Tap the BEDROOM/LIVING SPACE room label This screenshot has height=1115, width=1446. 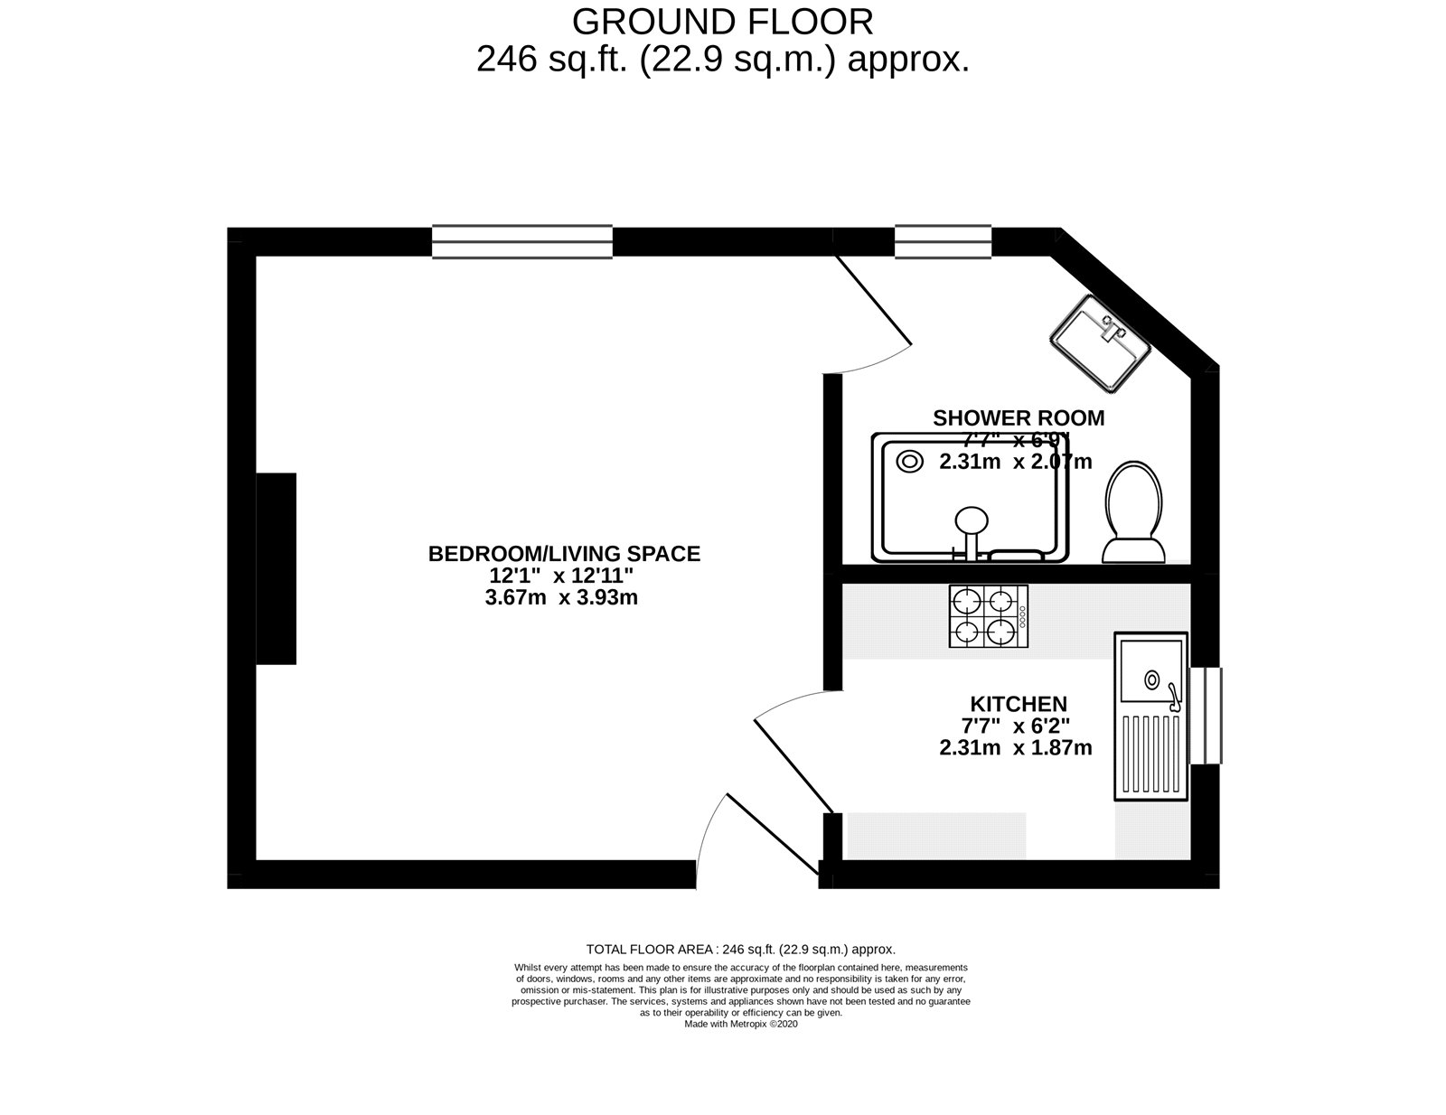coord(564,554)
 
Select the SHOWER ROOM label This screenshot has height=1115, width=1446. coord(1019,417)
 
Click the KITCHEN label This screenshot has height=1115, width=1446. coord(1019,703)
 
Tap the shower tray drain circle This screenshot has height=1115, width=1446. coord(909,462)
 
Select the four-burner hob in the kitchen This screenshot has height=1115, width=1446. coord(988,616)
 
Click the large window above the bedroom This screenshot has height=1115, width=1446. coord(521,241)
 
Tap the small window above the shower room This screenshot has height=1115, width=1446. coord(943,241)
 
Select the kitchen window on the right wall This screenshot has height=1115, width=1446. coord(1206,715)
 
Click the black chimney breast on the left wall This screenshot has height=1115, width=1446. coord(277,569)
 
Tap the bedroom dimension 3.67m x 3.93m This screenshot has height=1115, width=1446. coord(561,597)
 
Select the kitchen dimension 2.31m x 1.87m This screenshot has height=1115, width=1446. coord(1015,747)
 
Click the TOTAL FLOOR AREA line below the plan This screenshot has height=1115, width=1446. coord(741,949)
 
